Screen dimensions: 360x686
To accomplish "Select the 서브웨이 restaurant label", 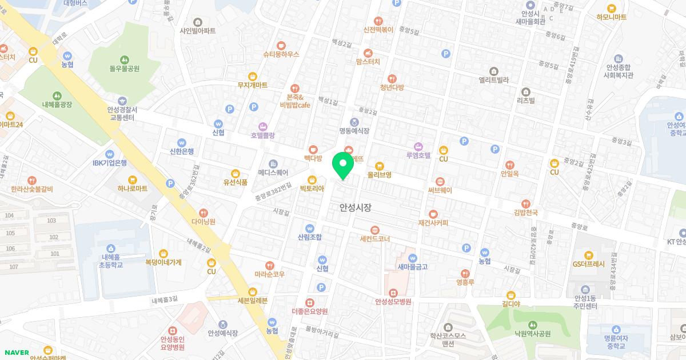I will coord(440,190).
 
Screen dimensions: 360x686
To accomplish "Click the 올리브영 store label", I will coord(379,175).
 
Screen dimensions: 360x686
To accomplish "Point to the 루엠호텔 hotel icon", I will coord(418,146).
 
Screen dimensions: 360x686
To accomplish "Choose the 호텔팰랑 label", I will coord(262,135).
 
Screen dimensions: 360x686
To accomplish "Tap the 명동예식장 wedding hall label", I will coord(354,130).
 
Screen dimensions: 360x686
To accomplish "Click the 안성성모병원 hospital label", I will coord(393,301).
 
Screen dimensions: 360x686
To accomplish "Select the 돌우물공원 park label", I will coord(125,69).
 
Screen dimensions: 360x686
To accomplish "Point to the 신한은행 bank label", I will coord(182,151).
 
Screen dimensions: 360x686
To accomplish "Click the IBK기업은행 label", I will coord(109,163).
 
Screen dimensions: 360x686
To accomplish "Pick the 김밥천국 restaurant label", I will coord(525,212).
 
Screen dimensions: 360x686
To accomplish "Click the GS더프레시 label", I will coord(589,264).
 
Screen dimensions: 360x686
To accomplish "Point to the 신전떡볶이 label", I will coord(378,29).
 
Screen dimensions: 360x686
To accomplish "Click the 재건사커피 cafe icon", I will coord(433,213).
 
